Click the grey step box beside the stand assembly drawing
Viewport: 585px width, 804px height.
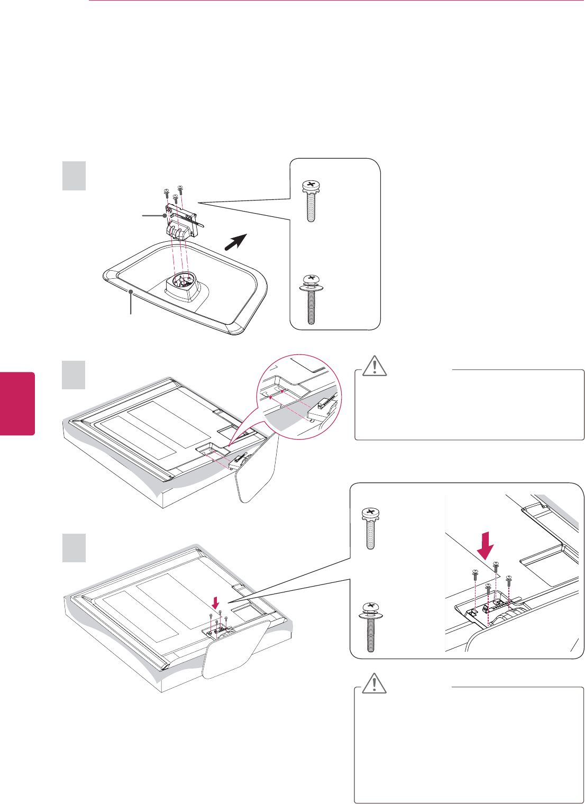[x=74, y=176]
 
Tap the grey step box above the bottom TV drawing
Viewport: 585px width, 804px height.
[x=74, y=548]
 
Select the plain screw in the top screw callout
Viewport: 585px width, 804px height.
[x=310, y=202]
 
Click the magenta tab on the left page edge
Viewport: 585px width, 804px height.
[x=17, y=404]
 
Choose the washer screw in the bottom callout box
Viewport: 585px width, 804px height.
[x=371, y=627]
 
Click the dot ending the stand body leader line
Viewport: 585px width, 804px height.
[x=166, y=216]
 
